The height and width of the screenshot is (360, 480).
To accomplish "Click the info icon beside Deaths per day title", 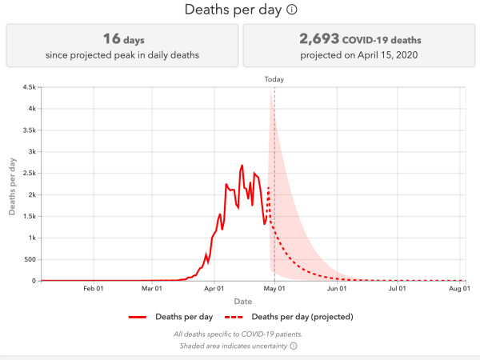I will coord(293,10).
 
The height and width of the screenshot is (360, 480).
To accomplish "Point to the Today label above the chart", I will coord(274,79).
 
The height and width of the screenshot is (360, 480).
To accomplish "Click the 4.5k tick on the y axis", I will coord(27,87).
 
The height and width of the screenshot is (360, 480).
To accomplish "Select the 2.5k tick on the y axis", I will coord(27,174).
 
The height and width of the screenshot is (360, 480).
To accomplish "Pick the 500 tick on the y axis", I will coord(29,259).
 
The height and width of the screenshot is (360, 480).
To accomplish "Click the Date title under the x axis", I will coord(242,301).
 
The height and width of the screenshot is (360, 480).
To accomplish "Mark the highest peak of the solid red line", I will coord(242,166).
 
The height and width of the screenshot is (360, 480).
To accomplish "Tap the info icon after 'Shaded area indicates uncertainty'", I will coord(294,346).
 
